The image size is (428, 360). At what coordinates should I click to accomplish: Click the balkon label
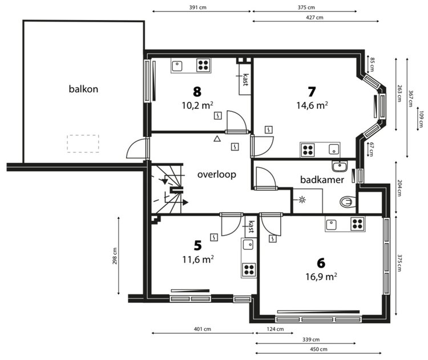coord(83,89)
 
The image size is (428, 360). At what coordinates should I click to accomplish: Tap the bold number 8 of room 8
coord(197,92)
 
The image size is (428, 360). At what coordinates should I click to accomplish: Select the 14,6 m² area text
coord(312,106)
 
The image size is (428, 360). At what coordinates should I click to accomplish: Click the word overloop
coord(217,175)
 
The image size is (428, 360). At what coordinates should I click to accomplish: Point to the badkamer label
coord(322,180)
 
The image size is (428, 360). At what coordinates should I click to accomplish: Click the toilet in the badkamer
coord(348,202)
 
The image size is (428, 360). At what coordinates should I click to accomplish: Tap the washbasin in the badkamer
coord(340,166)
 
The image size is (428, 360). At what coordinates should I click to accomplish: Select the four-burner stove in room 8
coord(204,65)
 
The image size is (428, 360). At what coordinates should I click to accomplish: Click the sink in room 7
coord(334,149)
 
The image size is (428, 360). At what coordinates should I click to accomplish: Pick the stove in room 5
coord(249,270)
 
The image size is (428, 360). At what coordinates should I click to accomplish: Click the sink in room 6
coord(332,225)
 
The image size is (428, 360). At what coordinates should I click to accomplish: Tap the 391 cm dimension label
coord(197,7)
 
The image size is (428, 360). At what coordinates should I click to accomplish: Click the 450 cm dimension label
coord(318,349)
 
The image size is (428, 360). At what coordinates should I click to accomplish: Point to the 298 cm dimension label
coord(115,256)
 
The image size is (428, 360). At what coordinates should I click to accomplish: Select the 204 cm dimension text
coord(399,188)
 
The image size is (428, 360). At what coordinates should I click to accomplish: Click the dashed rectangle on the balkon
coord(83,144)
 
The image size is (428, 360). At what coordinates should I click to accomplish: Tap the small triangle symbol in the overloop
coord(217,139)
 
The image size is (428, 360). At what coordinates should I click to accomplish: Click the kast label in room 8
coord(245,80)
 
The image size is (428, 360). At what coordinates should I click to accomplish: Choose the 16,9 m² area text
coord(321,277)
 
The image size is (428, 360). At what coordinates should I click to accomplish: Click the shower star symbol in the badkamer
coord(302,200)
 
